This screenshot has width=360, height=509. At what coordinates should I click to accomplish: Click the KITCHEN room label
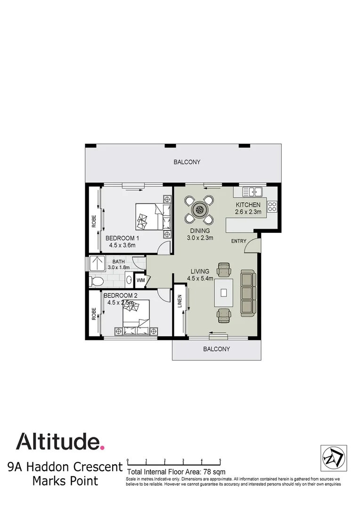(248, 205)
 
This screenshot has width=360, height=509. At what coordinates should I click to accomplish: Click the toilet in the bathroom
(97, 281)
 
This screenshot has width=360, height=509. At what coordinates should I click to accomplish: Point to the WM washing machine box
(140, 280)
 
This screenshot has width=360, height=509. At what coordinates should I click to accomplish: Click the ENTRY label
(238, 241)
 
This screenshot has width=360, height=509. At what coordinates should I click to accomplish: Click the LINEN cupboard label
(180, 302)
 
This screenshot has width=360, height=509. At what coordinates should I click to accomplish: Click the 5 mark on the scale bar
(220, 460)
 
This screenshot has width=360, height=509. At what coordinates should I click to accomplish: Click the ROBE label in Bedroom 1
(94, 222)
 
